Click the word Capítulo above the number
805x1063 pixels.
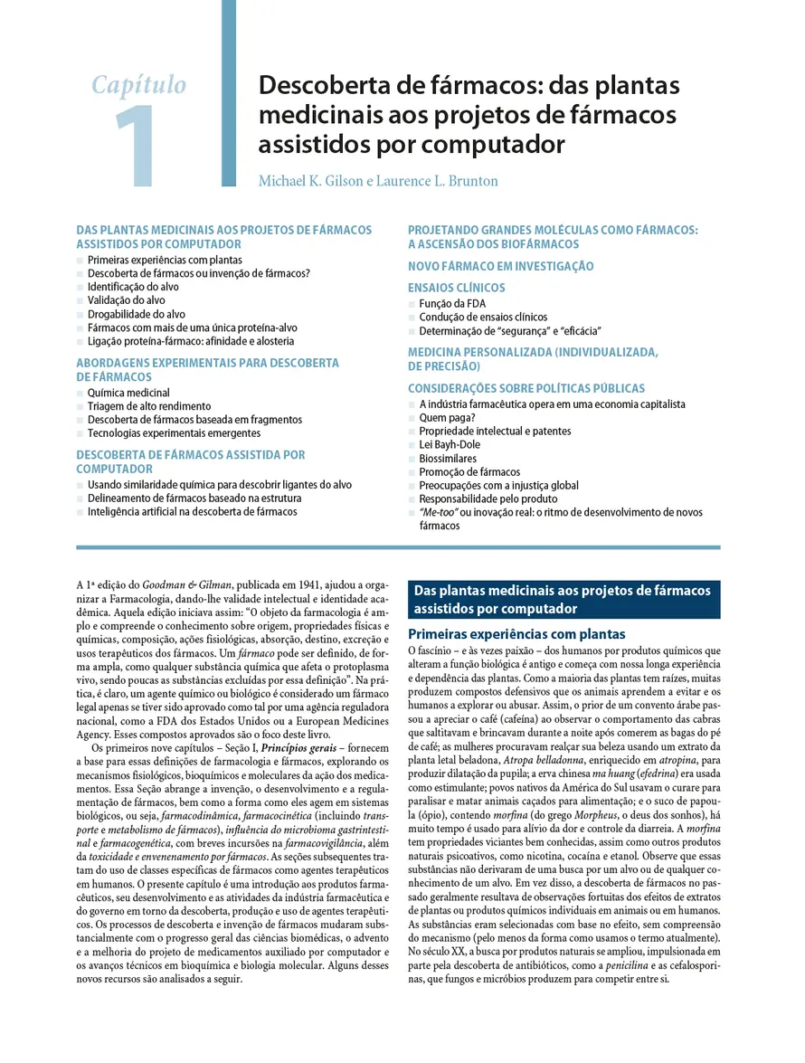coord(139,86)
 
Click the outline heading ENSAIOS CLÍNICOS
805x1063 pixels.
coord(456,288)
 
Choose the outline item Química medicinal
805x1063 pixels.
coord(128,393)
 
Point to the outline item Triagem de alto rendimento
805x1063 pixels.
coord(149,406)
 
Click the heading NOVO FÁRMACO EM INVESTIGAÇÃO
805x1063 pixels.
coord(500,266)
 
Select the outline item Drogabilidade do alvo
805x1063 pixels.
coord(137,314)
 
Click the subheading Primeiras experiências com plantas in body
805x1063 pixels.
coord(516,634)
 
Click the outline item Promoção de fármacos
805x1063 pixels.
coord(469,471)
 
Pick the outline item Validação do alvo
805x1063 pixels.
coord(127,300)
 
